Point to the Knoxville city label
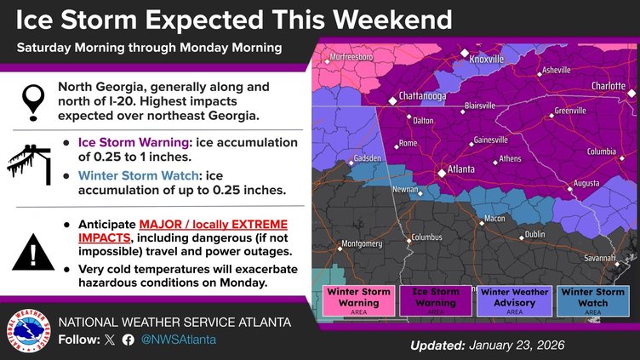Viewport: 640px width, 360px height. pos(487,60)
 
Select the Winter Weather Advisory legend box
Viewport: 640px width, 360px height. pos(507,300)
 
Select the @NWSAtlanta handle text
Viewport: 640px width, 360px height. pos(179,340)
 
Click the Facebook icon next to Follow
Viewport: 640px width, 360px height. pos(129,340)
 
